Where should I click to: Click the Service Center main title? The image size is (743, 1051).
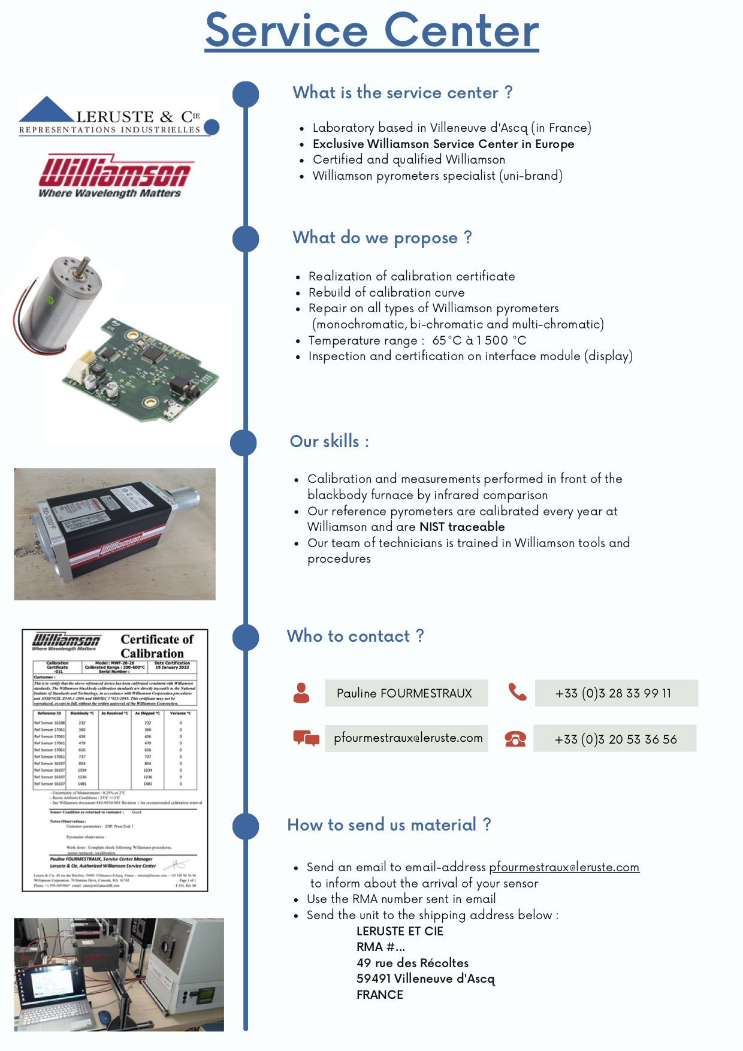(x=371, y=31)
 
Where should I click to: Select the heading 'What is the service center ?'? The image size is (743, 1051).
(x=402, y=93)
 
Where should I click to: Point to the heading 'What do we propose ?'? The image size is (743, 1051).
(x=382, y=238)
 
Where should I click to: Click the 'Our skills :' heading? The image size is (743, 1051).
(x=329, y=442)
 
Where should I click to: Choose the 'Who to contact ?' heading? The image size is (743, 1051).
(x=355, y=636)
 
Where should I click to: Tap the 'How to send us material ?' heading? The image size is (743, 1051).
(x=389, y=825)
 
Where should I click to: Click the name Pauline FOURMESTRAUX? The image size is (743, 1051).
(x=404, y=693)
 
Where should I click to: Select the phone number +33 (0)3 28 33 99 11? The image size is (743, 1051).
(x=613, y=693)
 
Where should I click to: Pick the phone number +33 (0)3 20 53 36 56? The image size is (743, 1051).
(x=615, y=739)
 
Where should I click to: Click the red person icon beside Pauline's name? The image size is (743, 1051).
(x=301, y=693)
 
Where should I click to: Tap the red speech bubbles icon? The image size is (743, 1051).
(x=306, y=738)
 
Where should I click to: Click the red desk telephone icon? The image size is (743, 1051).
(x=515, y=739)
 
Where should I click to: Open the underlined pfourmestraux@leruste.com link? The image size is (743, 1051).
(x=564, y=867)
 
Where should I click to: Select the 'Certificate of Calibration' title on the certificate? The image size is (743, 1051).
(x=156, y=647)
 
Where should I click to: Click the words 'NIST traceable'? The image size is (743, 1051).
(x=462, y=527)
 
